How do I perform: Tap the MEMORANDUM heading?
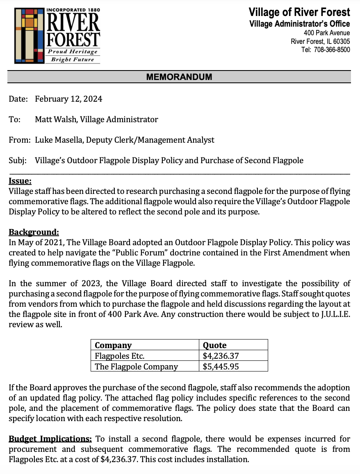pyautogui.click(x=179, y=77)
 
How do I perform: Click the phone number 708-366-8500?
pyautogui.click(x=332, y=50)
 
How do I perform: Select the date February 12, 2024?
pyautogui.click(x=68, y=99)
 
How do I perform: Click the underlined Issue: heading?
pyautogui.click(x=20, y=180)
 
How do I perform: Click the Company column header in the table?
pyautogui.click(x=113, y=345)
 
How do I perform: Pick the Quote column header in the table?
pyautogui.click(x=215, y=345)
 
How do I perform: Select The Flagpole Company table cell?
pyautogui.click(x=136, y=366)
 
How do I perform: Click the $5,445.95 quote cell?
pyautogui.click(x=221, y=366)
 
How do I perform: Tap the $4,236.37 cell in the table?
pyautogui.click(x=221, y=355)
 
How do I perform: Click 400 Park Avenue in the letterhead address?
pyautogui.click(x=327, y=33)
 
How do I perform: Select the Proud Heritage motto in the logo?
pyautogui.click(x=73, y=52)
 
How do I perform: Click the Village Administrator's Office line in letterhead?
pyautogui.click(x=300, y=23)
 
